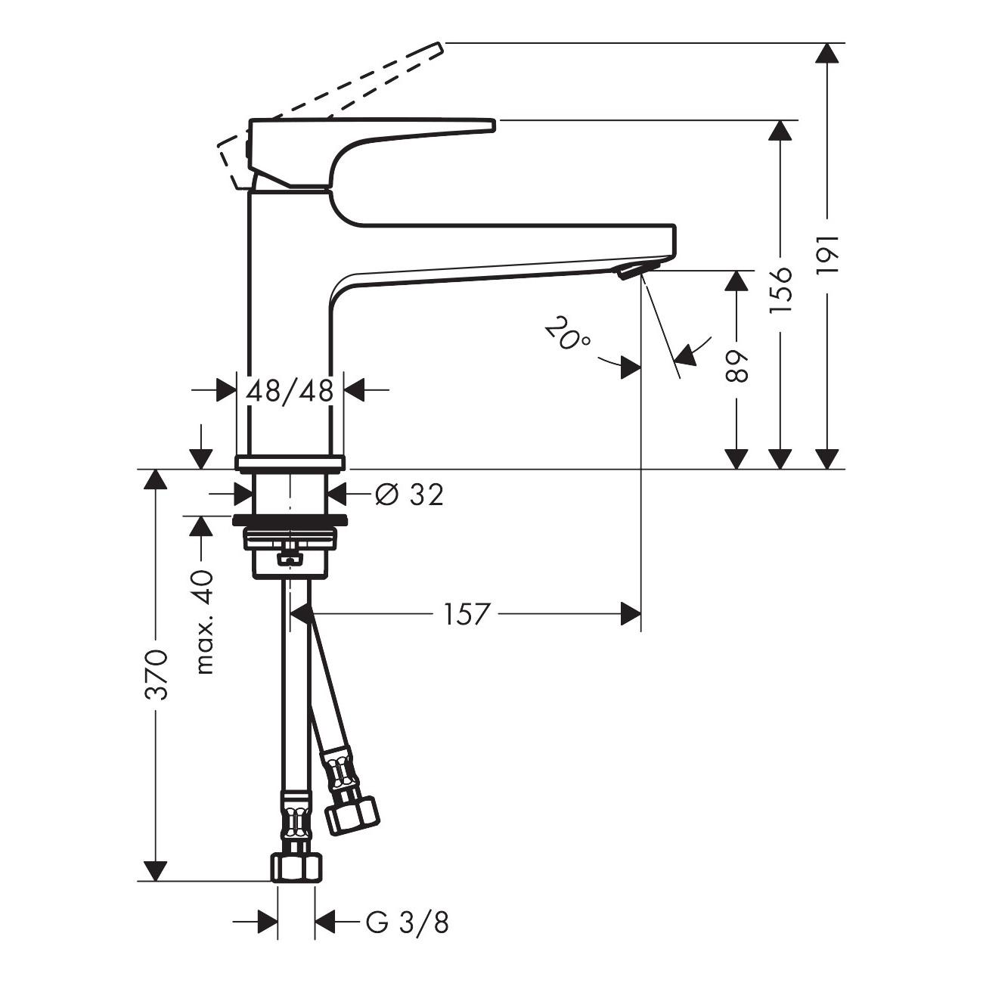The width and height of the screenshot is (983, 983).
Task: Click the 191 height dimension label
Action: [829, 253]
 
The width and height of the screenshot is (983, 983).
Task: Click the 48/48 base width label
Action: [290, 391]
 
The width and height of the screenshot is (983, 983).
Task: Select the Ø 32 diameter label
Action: [409, 495]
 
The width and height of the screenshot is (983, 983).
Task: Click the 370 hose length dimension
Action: [156, 673]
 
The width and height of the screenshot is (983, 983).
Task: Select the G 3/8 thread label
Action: [407, 923]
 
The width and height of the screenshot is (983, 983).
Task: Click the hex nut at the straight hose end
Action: [296, 867]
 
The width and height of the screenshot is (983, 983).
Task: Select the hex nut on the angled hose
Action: [352, 813]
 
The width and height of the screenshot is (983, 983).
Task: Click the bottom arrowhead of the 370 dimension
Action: [156, 871]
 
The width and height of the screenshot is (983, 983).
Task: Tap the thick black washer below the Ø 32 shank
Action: [290, 519]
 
